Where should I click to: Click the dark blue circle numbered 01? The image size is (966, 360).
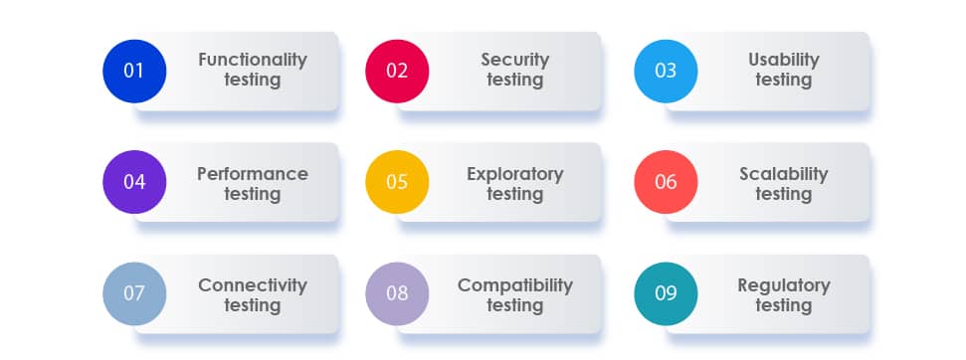[x=134, y=71]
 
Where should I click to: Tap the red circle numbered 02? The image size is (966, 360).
[x=397, y=71]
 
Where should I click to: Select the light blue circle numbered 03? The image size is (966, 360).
[x=666, y=71]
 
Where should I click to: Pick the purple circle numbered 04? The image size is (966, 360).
[x=134, y=182]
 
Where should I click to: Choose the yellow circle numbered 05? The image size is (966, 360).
[x=397, y=182]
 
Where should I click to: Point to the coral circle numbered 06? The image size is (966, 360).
[x=666, y=182]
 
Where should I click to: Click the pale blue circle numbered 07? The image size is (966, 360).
[x=134, y=293]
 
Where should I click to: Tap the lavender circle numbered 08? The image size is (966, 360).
[x=397, y=293]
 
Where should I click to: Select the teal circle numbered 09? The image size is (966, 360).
[x=666, y=293]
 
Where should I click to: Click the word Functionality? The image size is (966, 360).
[x=253, y=61]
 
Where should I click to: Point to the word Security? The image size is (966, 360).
[x=515, y=61]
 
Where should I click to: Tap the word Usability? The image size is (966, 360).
[x=784, y=61]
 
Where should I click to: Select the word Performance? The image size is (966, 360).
[x=253, y=174]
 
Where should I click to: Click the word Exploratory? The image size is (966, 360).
[x=515, y=175]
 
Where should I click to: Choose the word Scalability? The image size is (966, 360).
[x=784, y=175]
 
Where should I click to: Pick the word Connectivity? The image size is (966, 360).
[x=253, y=286]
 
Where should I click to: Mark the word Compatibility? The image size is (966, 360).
[x=515, y=286]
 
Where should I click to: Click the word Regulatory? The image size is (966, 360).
[x=784, y=286]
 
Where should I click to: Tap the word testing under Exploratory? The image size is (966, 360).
[x=515, y=195]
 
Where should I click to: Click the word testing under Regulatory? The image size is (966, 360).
[x=784, y=306]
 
